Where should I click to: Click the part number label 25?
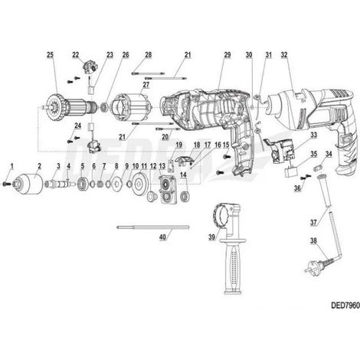pos(51,54)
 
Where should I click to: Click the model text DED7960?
pos(345,306)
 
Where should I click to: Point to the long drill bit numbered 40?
pos(153,227)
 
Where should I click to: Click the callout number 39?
pos(211,237)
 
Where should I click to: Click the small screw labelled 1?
pos(6,184)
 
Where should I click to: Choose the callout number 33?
pos(313,134)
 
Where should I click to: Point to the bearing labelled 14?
pos(184,197)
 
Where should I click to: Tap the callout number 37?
pos(313,223)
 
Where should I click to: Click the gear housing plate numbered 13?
pos(167,189)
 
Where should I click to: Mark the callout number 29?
pos(227,54)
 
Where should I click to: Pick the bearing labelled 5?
pos(83,183)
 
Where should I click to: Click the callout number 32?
pos(284,54)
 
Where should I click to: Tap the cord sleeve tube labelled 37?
pos(324,189)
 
